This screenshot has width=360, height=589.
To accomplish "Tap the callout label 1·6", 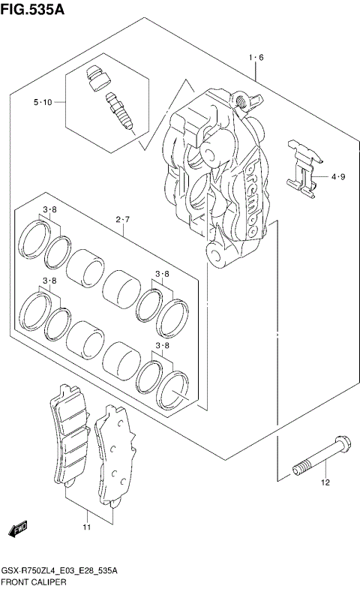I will point(256,57).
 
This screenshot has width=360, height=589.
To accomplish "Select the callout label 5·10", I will point(42,102).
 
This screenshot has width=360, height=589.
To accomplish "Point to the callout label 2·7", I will point(124,220).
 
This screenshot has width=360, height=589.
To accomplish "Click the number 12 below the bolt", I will point(325,482).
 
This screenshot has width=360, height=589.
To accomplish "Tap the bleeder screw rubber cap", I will point(94,77).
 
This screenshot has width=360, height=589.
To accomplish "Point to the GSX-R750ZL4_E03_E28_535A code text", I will point(61,571).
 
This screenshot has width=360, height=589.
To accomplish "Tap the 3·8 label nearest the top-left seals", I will point(50,209).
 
